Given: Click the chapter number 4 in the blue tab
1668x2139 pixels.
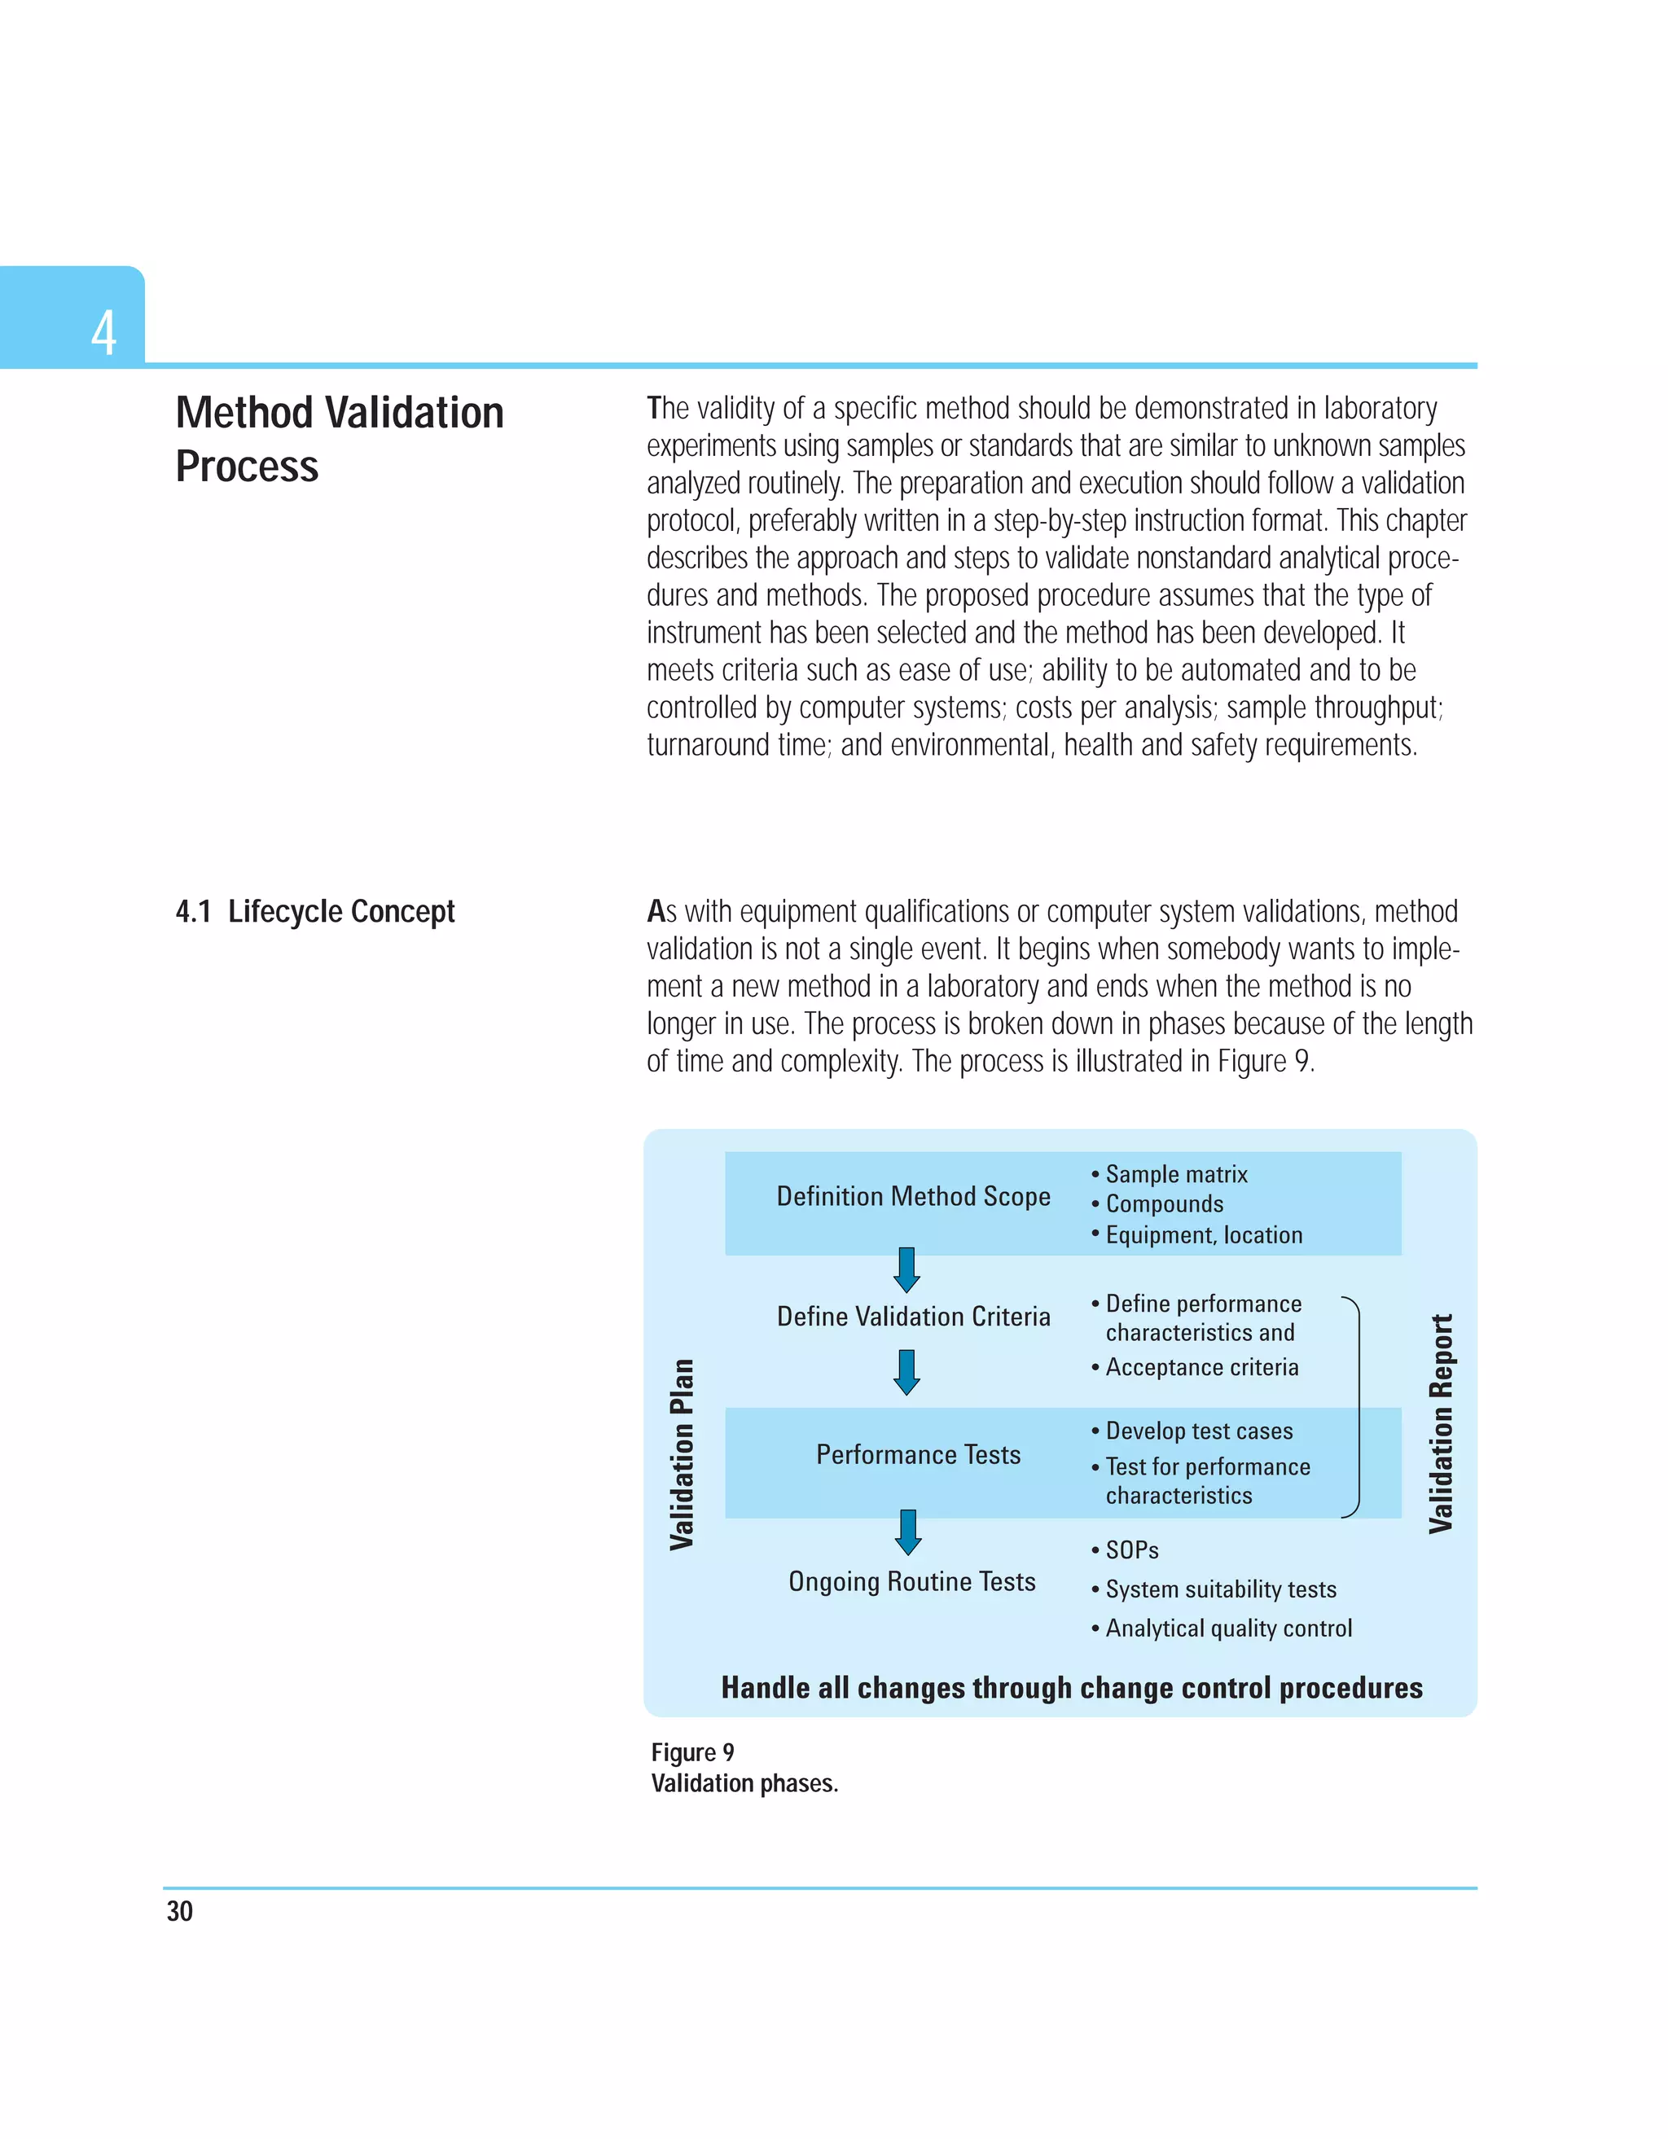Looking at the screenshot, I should (103, 333).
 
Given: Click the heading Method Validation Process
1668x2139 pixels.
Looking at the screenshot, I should (339, 439).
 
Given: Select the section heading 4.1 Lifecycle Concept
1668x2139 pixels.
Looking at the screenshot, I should (314, 912).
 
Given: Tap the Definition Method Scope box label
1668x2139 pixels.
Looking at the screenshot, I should (913, 1197).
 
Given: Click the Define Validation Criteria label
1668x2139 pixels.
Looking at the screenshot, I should (913, 1317).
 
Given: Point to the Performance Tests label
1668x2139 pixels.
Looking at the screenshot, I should (918, 1455).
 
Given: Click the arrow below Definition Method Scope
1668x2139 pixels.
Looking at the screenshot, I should (907, 1270).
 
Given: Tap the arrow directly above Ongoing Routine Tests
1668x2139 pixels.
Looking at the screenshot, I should (908, 1532).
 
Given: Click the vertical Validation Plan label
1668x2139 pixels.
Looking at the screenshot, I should (682, 1454).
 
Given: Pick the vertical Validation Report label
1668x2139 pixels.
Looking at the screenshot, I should (1440, 1423).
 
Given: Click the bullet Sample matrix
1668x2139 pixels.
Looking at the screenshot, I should (1175, 1174).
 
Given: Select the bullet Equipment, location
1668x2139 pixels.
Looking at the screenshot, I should (1203, 1235).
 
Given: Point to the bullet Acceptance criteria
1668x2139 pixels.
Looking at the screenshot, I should (1201, 1367).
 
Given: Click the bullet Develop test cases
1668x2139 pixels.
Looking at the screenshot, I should (1198, 1431).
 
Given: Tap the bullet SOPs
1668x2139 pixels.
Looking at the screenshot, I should (1131, 1550).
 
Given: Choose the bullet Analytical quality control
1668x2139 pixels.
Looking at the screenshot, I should (1227, 1628).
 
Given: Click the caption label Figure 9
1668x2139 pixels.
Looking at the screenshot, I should (692, 1752).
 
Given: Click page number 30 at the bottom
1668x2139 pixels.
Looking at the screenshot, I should (180, 1911).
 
